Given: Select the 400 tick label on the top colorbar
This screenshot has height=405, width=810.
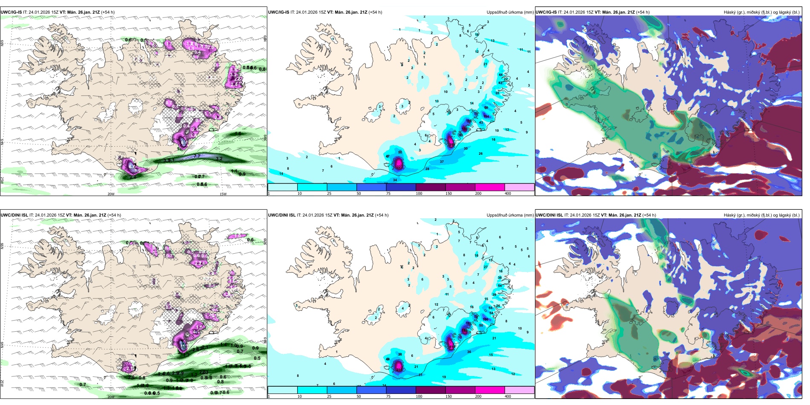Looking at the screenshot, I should pos(508,194).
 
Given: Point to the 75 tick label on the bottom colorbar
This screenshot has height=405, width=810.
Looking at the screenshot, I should pos(388,396).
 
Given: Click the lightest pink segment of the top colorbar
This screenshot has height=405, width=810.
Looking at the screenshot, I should pos(519,187).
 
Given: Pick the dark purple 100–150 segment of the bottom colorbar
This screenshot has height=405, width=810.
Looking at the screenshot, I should pos(430,390).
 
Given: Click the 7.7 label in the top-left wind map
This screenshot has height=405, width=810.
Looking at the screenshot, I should pos(197,156).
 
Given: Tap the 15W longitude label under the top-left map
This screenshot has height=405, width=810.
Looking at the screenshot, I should pos(223,194).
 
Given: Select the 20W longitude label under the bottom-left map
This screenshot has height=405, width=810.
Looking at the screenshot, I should pos(111,397).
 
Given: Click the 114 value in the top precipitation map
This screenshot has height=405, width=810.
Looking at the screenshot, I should pos(486,116).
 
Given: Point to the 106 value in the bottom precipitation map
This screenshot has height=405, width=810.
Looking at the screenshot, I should pos(486,319).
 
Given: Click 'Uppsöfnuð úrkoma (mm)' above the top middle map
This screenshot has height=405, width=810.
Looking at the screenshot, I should pos(510,12).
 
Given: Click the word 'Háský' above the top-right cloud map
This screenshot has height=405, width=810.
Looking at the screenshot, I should pos(730,12).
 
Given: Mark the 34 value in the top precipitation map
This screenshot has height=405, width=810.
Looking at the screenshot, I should pos(395,180).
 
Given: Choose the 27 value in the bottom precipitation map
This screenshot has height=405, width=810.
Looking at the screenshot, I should pos(486,267).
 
